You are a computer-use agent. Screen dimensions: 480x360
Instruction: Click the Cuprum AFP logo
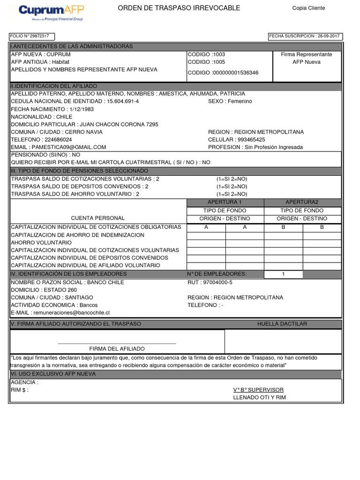50,13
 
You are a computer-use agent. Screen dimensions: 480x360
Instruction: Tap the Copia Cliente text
308,8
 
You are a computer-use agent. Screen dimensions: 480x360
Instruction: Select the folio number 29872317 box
32,36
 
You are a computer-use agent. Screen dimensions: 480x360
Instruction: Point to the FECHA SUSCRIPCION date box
305,36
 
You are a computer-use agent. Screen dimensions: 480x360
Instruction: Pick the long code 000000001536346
223,73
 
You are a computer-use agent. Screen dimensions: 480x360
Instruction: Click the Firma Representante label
307,54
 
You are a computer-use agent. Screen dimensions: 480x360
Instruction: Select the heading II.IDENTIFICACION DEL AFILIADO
54,86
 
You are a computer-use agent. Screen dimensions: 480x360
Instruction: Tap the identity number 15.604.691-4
122,101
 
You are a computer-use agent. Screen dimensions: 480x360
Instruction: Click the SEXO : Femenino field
230,101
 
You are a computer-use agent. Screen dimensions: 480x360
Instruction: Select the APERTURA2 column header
302,202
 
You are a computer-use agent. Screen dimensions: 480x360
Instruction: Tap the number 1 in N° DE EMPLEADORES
283,274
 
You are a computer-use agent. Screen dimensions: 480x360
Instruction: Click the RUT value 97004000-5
210,283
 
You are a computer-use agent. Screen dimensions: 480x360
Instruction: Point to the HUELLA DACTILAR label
282,324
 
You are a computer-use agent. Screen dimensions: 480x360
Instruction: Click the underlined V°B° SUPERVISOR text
258,390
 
